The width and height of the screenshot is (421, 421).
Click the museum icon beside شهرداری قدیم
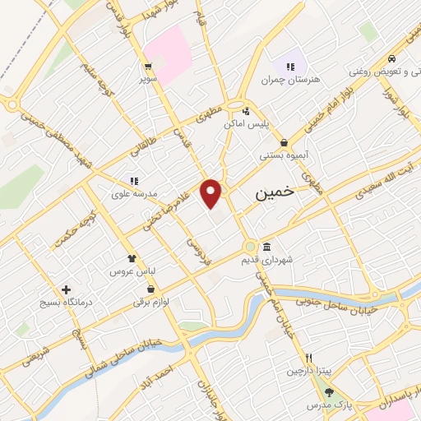tap(267, 247)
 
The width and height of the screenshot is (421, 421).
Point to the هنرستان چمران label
tap(289, 80)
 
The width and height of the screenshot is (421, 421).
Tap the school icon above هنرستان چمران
tap(289, 66)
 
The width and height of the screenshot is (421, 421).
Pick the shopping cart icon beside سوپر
tap(147, 67)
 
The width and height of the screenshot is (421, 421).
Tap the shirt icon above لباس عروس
tap(131, 257)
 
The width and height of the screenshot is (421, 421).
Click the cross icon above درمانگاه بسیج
tap(67, 289)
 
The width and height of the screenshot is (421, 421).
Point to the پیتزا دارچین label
tap(307, 372)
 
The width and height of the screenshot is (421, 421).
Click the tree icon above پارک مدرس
tap(329, 392)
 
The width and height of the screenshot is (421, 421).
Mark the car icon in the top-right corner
tap(395, 59)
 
